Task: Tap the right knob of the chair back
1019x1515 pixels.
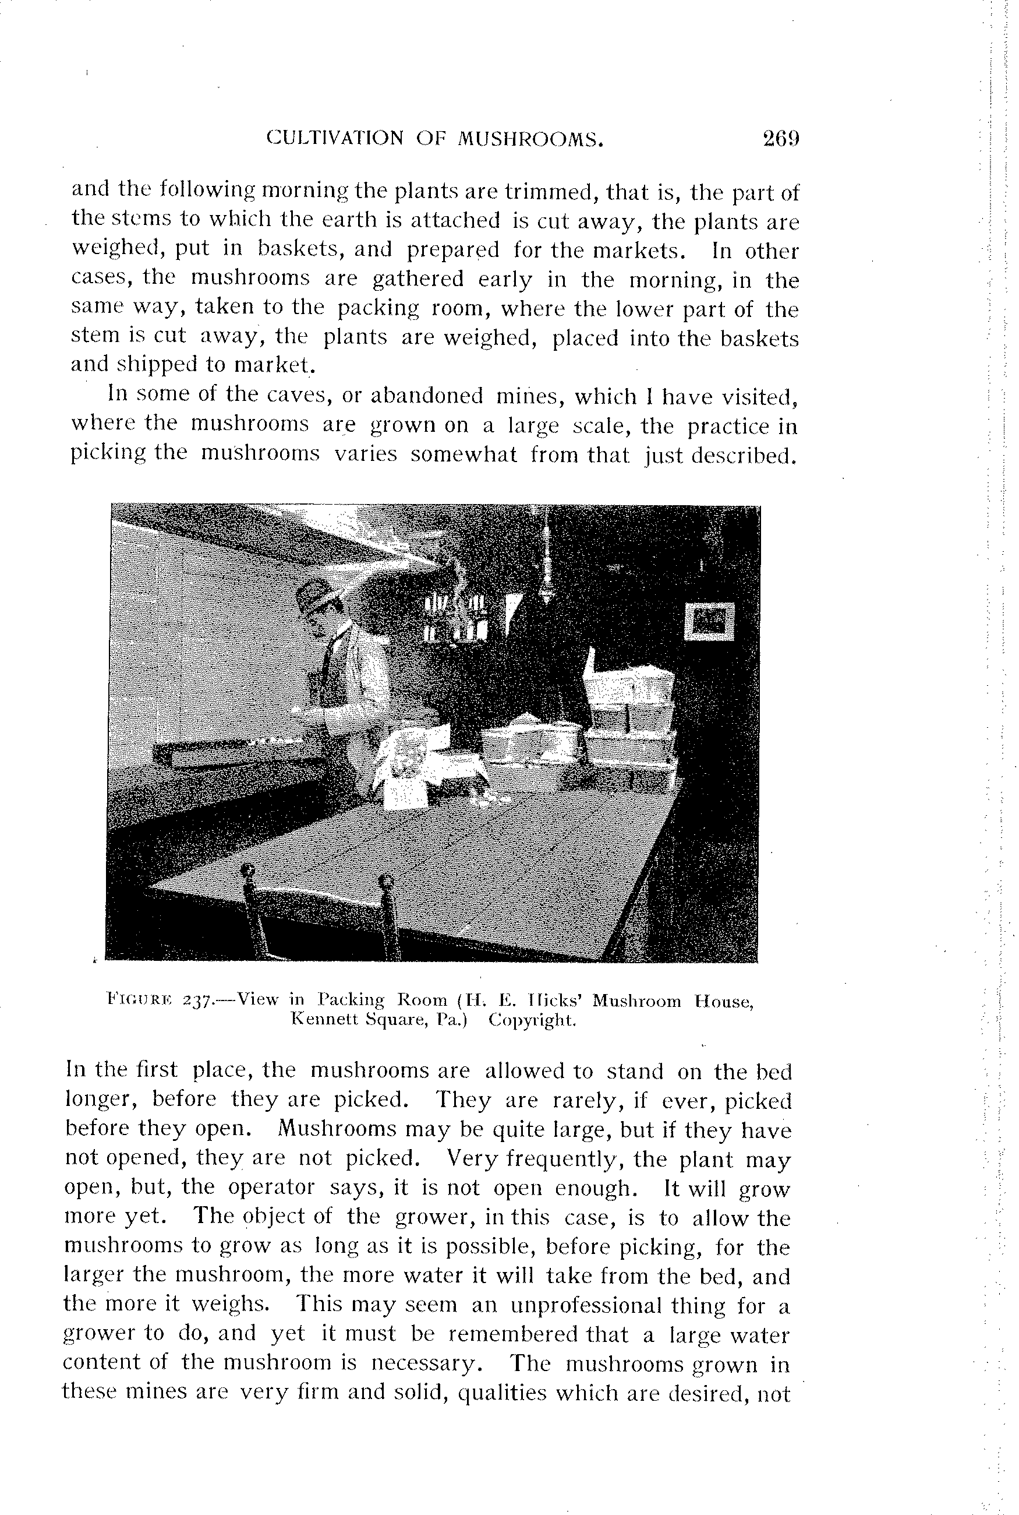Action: point(386,883)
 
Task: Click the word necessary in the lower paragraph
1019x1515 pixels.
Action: point(431,1362)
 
